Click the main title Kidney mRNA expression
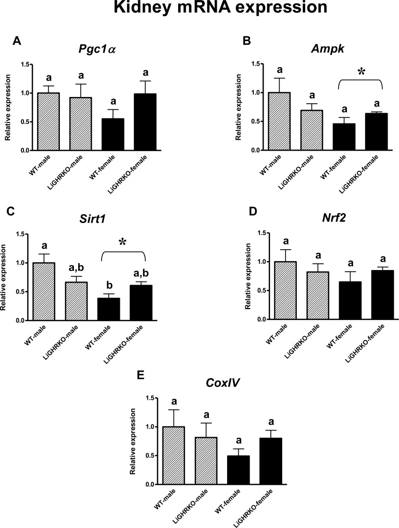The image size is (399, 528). coord(199,9)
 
